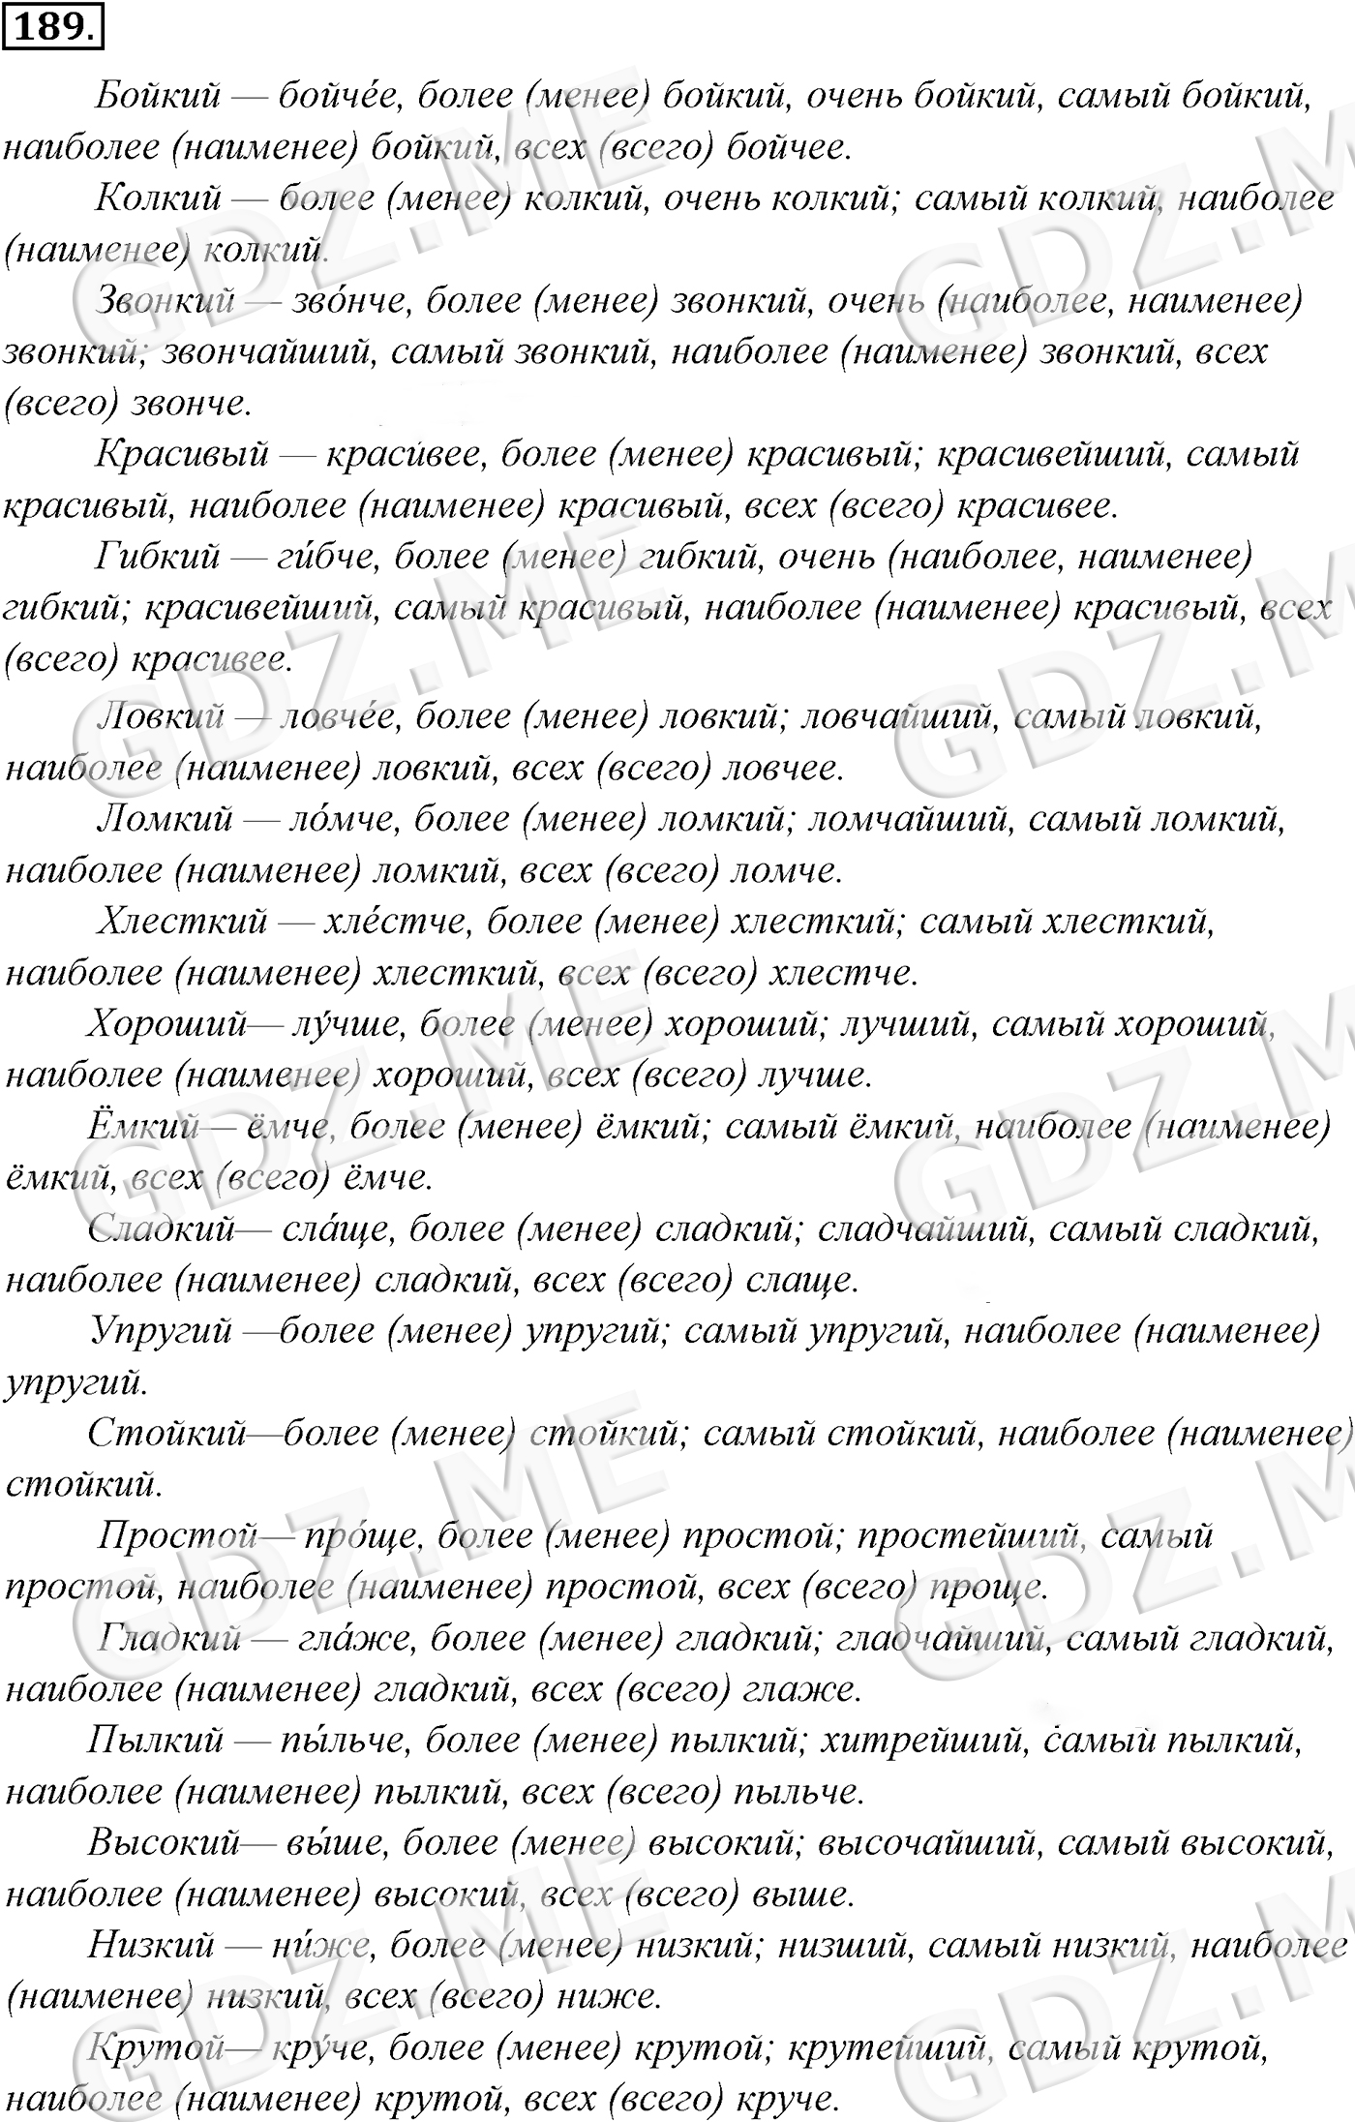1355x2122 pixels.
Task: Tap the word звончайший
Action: (267, 352)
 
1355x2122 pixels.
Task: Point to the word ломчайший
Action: (909, 820)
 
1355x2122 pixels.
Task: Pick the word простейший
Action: (968, 1536)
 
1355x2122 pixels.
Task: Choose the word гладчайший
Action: (939, 1639)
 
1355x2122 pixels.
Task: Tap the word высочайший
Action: (929, 1844)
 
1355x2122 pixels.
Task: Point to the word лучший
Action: (904, 1024)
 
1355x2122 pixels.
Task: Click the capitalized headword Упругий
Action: (161, 1332)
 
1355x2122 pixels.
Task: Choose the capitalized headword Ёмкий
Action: (143, 1127)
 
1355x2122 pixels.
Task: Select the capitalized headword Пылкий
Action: (156, 1742)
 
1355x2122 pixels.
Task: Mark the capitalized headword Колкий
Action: (159, 199)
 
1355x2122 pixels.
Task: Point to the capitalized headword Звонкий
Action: (166, 301)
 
